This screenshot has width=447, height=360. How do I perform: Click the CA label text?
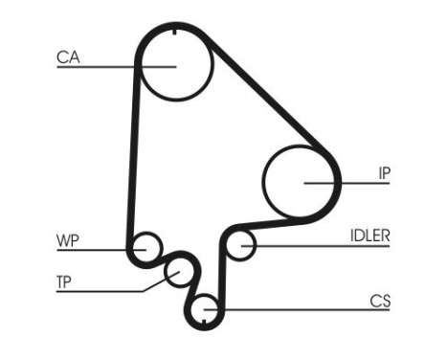click(67, 57)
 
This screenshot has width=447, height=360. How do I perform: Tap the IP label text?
click(383, 172)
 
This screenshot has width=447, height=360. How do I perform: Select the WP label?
click(66, 240)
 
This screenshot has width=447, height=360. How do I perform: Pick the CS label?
click(381, 301)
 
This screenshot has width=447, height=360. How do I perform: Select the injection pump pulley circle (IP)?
click(301, 181)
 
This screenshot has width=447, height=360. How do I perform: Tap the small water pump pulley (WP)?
click(146, 248)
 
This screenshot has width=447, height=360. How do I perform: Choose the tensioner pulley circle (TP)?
click(178, 274)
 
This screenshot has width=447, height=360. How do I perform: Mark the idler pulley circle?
click(241, 245)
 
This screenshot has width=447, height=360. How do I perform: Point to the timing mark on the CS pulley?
click(206, 300)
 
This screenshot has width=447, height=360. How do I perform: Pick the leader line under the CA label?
click(96, 66)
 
